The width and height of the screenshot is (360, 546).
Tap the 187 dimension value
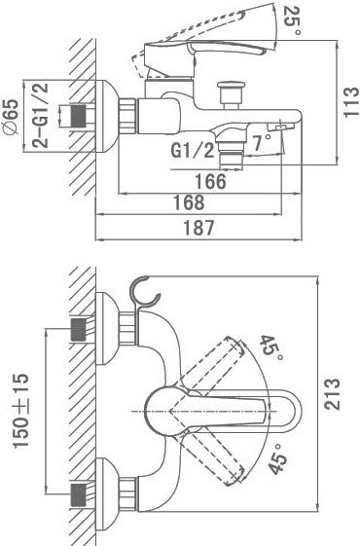[x=198, y=228]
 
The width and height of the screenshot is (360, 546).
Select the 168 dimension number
[x=189, y=202]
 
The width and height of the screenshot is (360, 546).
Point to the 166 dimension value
[x=210, y=181]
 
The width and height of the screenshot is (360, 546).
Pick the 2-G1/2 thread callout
[x=41, y=116]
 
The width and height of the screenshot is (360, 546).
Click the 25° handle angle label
[x=292, y=20]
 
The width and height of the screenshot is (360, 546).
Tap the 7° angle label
[x=261, y=142]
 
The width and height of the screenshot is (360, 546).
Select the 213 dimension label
[x=332, y=394]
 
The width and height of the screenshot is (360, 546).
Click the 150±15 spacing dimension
[x=20, y=411]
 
